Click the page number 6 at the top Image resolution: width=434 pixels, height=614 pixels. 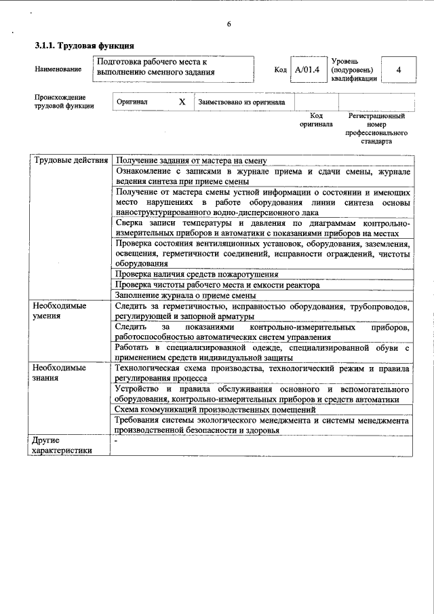tap(229, 24)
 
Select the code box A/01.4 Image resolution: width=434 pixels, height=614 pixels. tap(307, 70)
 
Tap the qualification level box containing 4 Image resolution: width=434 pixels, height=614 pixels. tap(398, 70)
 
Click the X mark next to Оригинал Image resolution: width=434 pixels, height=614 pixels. tap(182, 102)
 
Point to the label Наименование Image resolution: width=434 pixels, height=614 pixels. tap(54, 70)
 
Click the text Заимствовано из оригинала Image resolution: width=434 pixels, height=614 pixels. tap(241, 102)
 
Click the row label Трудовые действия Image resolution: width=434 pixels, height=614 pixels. tap(71, 161)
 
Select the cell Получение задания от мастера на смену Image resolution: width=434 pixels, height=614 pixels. tap(191, 161)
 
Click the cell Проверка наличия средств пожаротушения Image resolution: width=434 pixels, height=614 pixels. tap(197, 274)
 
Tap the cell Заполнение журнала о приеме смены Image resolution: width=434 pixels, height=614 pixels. tap(185, 295)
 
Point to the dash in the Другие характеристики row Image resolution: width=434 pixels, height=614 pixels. tap(117, 441)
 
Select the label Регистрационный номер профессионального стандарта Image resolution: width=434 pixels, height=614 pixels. tap(376, 129)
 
